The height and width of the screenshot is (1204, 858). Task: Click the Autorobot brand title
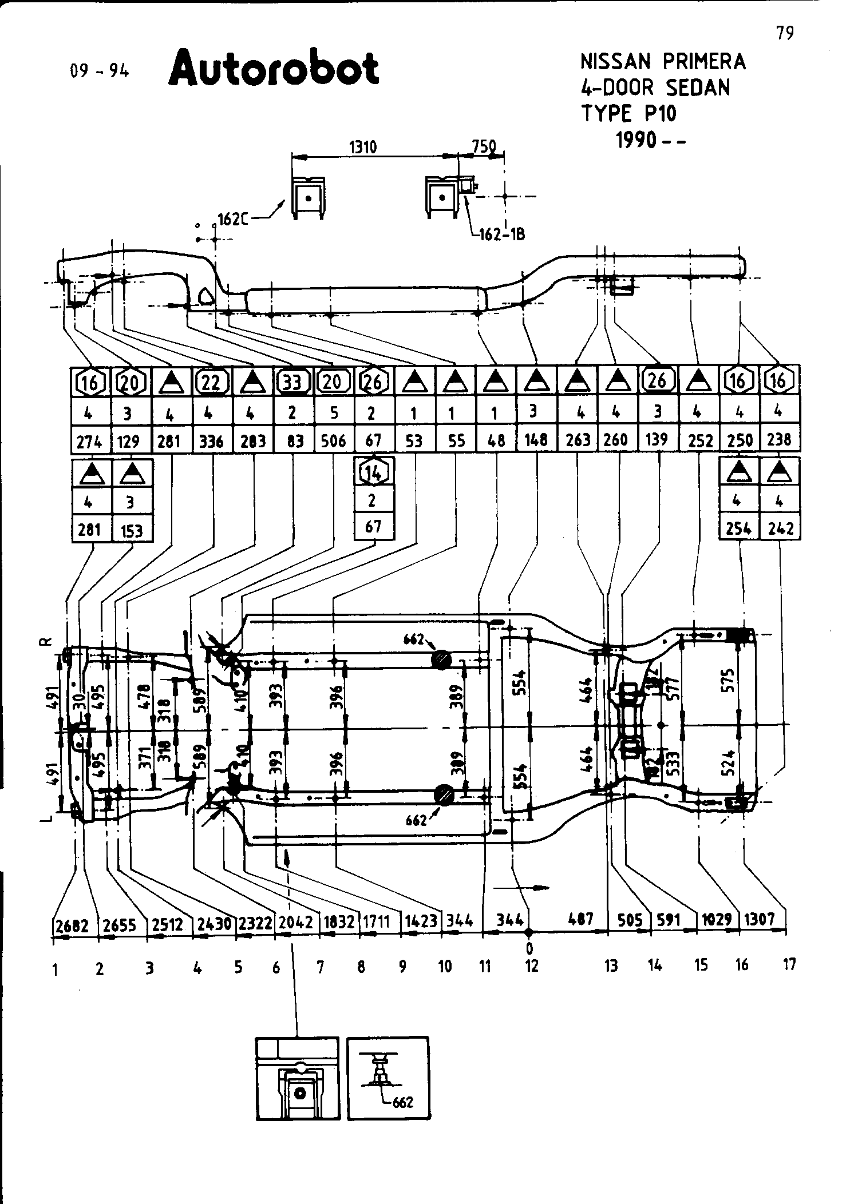coord(274,69)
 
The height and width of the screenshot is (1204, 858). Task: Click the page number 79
coord(785,34)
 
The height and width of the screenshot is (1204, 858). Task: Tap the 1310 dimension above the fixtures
coord(363,148)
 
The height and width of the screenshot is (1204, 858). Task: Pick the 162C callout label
coord(232,219)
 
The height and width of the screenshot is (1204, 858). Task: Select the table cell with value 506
coord(334,440)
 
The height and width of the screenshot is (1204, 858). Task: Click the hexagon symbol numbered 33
coord(293,382)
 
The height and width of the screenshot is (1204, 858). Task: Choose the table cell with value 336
coord(211,441)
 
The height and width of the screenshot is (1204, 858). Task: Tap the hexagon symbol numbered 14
coord(373,472)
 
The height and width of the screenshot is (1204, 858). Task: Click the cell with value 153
coord(132,530)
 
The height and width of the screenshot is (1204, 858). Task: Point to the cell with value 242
coord(781,529)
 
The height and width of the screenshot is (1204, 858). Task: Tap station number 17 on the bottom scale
coord(789,965)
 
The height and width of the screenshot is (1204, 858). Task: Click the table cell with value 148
coord(536,439)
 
